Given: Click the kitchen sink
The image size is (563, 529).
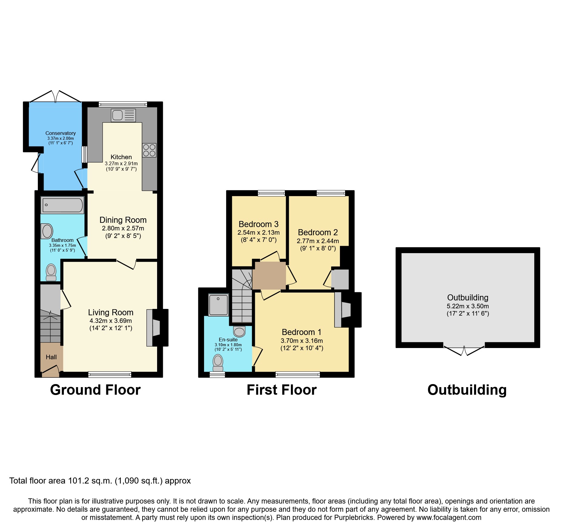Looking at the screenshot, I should click(123, 115).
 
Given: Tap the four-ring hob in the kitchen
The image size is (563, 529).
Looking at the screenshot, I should click(149, 150).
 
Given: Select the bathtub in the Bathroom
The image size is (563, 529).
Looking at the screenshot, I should click(63, 205).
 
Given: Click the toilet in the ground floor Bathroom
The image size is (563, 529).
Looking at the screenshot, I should click(51, 273).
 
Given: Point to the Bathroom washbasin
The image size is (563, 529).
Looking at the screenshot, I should click(47, 231).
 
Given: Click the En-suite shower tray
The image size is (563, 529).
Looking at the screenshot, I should click(218, 305).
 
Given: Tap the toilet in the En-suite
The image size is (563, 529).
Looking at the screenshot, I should click(218, 363).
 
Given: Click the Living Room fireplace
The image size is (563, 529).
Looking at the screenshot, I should click(157, 328).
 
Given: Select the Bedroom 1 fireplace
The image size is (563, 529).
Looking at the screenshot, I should click(347, 310).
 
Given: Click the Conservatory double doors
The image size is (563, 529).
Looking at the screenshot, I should click(55, 97).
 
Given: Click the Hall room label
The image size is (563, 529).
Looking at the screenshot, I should click(51, 357).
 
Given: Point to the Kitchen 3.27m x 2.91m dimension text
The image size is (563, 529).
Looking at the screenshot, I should click(121, 163).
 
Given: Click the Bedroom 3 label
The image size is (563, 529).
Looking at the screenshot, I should click(258, 224).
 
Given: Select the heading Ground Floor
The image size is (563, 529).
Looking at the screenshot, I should click(95, 390).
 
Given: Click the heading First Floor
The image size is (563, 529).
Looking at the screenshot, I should click(281, 390).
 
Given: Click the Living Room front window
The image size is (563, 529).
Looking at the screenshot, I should click(110, 374).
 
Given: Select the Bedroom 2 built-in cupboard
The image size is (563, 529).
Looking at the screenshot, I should click(341, 279).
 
